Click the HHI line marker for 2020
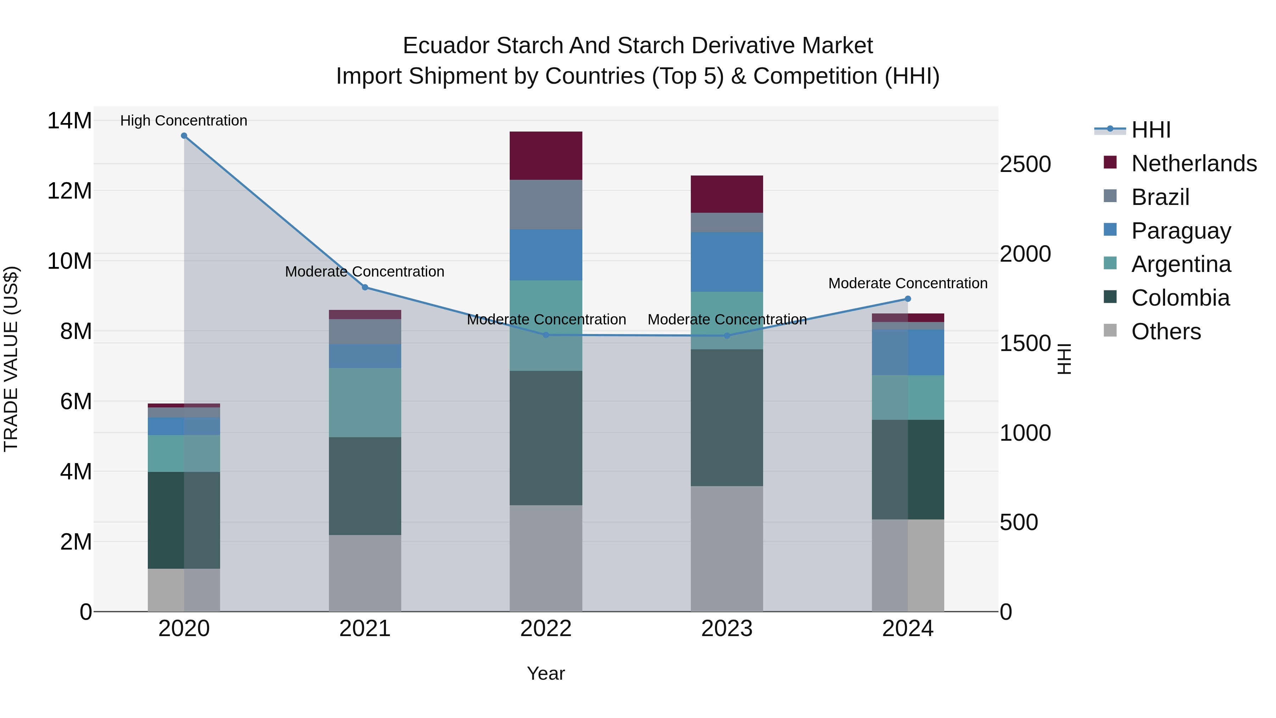184,136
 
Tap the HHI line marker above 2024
908,299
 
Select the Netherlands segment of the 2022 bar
546,156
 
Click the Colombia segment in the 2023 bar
727,417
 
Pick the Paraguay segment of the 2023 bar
727,262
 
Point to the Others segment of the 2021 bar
365,573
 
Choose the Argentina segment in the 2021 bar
365,402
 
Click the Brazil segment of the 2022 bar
546,204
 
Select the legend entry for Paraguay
1181,231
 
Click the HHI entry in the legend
1150,130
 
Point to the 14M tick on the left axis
69,121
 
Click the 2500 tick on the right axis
1025,165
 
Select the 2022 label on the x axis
546,629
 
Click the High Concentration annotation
184,121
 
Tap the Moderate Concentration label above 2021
365,272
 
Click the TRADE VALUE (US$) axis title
11,359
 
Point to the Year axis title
546,673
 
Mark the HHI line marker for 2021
365,288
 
